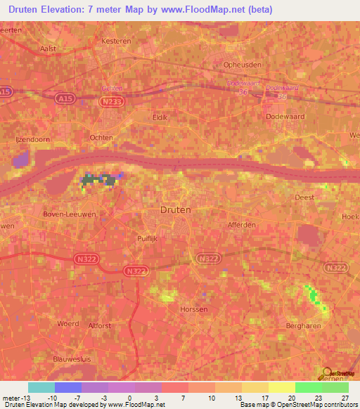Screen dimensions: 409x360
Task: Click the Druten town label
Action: pos(175,209)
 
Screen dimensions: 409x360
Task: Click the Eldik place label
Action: pos(160,117)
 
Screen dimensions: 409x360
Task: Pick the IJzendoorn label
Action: pos(32,139)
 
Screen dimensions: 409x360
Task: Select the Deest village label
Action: pos(304,198)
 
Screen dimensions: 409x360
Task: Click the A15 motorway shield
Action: pos(6,91)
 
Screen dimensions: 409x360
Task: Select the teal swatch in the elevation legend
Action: pos(41,387)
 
